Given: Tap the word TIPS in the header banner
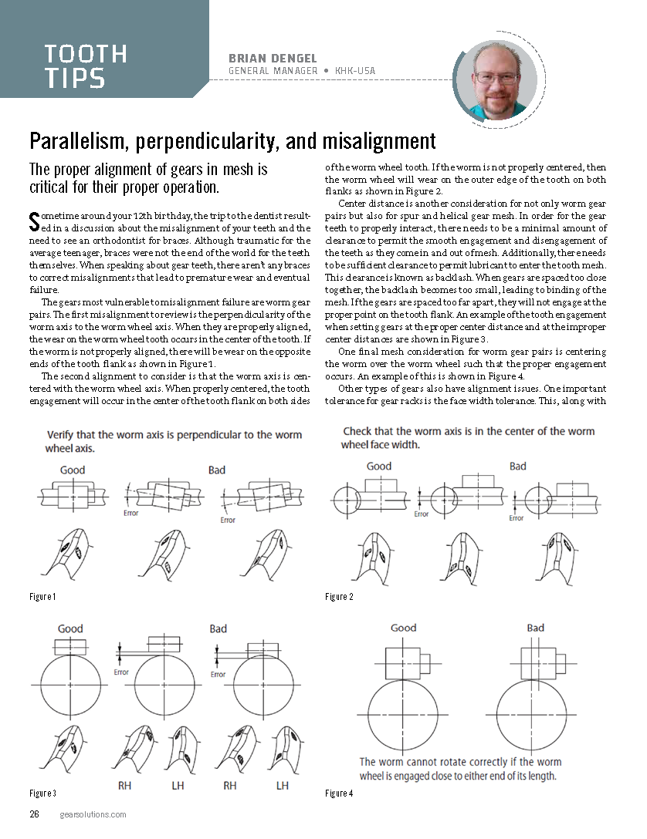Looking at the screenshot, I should coord(75,78).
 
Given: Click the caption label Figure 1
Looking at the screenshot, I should coord(42,597).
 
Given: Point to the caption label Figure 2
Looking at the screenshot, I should coord(340,597).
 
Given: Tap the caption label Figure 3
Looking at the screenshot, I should coord(42,793).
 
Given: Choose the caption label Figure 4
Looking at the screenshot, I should coord(340,793).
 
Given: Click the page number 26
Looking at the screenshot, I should coord(35,814).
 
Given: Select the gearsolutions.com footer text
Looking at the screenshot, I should coord(93,814).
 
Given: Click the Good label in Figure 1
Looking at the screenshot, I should coord(73,470).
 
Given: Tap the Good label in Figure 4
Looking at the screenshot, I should coord(403,628).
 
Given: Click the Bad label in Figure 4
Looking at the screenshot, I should coord(535,628).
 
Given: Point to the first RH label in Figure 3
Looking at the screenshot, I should coord(125,785).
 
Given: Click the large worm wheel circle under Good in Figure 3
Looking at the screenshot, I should coord(69,686).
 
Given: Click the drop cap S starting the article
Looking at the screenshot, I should coord(33,221).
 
